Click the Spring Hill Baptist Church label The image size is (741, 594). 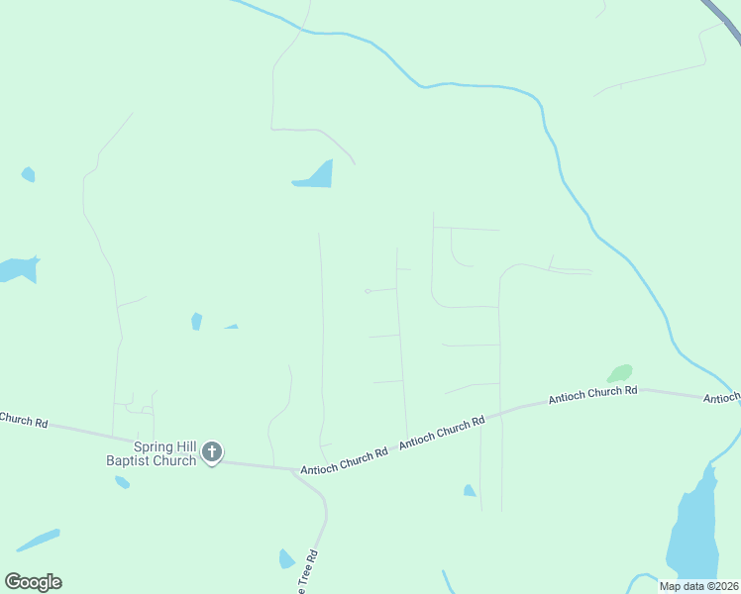tap(151, 453)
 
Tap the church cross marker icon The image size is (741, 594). tap(211, 452)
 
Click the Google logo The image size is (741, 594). tap(33, 582)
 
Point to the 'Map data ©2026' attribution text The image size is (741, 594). tap(698, 586)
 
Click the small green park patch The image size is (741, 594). tap(620, 373)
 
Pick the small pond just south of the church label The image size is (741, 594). tap(122, 482)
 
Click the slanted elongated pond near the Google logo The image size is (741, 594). tap(38, 541)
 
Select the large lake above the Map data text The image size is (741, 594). tap(692, 525)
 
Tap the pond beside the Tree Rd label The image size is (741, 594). tap(286, 559)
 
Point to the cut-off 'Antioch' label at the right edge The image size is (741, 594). tap(722, 398)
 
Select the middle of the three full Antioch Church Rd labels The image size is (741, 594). tap(442, 434)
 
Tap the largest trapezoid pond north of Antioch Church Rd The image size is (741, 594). tap(316, 175)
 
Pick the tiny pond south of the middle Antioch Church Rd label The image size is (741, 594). tap(470, 490)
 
